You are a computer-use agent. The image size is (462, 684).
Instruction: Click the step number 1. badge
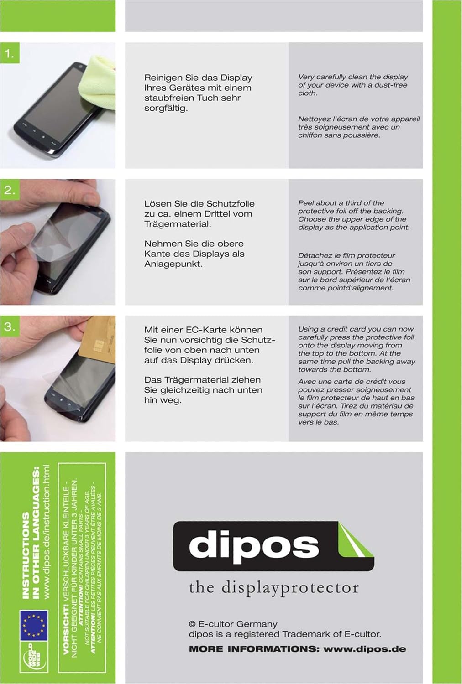click(x=10, y=53)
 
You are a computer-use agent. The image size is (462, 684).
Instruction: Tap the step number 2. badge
click(x=10, y=190)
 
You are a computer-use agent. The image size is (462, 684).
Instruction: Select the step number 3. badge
click(x=10, y=326)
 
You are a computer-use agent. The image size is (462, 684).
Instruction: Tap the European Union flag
click(x=34, y=625)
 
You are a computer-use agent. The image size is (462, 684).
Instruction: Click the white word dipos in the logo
click(x=253, y=545)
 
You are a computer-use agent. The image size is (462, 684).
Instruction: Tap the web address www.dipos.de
click(x=365, y=649)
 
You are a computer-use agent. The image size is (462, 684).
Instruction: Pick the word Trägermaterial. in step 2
click(x=178, y=224)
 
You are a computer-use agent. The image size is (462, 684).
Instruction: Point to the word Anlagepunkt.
click(x=173, y=264)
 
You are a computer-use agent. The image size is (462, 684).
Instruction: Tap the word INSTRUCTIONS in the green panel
click(x=26, y=555)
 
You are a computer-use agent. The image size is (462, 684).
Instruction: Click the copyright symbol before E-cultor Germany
click(x=192, y=624)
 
